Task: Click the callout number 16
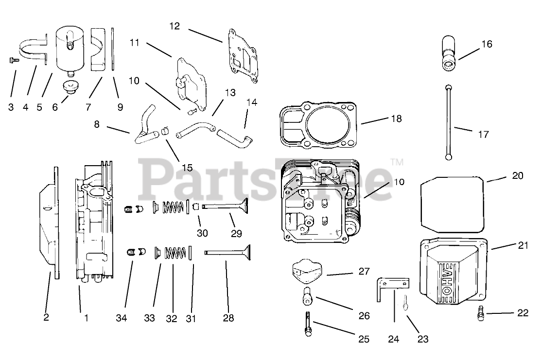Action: [487, 44]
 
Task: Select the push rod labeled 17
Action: [448, 121]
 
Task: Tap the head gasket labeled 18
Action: [320, 124]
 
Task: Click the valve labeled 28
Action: [228, 252]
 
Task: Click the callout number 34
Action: [122, 318]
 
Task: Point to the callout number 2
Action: [46, 318]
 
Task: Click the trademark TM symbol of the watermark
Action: [397, 161]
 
